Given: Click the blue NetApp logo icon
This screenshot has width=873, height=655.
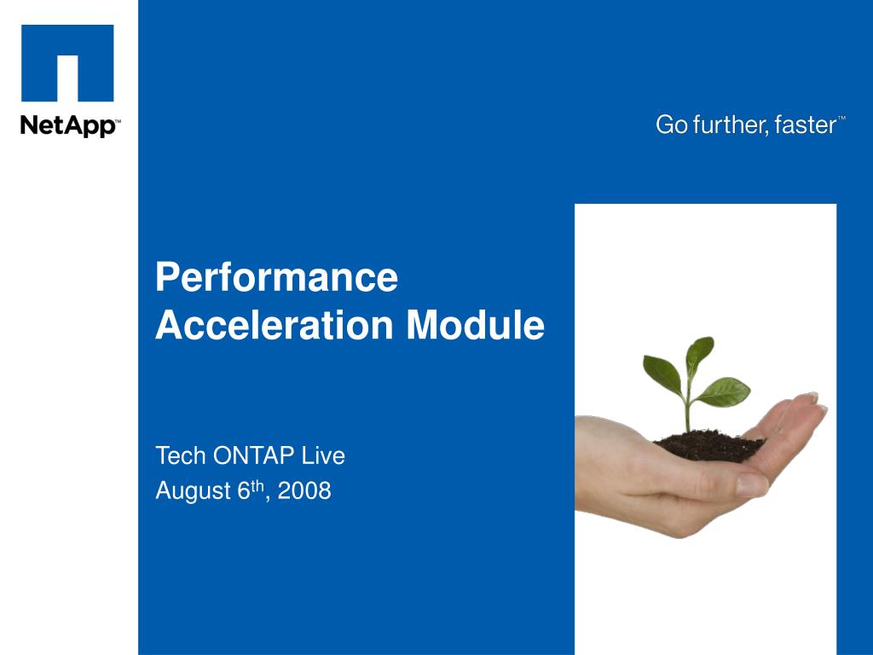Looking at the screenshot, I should click(67, 64).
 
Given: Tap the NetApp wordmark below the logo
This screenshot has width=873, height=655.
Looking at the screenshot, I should click(70, 126).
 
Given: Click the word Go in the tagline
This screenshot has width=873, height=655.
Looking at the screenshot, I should click(671, 125).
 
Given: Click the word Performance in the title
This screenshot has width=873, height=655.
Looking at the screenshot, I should click(276, 278).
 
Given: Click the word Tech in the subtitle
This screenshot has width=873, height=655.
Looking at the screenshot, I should click(181, 456).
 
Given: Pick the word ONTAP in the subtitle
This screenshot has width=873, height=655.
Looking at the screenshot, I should click(253, 456).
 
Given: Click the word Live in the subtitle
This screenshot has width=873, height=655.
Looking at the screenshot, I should click(323, 456).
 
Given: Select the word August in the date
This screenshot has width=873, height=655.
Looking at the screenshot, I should click(193, 492).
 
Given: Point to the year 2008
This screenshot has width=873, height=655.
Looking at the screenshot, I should click(304, 492).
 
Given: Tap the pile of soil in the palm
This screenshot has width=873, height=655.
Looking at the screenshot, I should click(708, 445).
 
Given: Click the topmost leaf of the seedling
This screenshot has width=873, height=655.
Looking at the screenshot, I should click(699, 351).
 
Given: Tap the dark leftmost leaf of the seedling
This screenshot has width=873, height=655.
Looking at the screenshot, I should click(662, 372).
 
